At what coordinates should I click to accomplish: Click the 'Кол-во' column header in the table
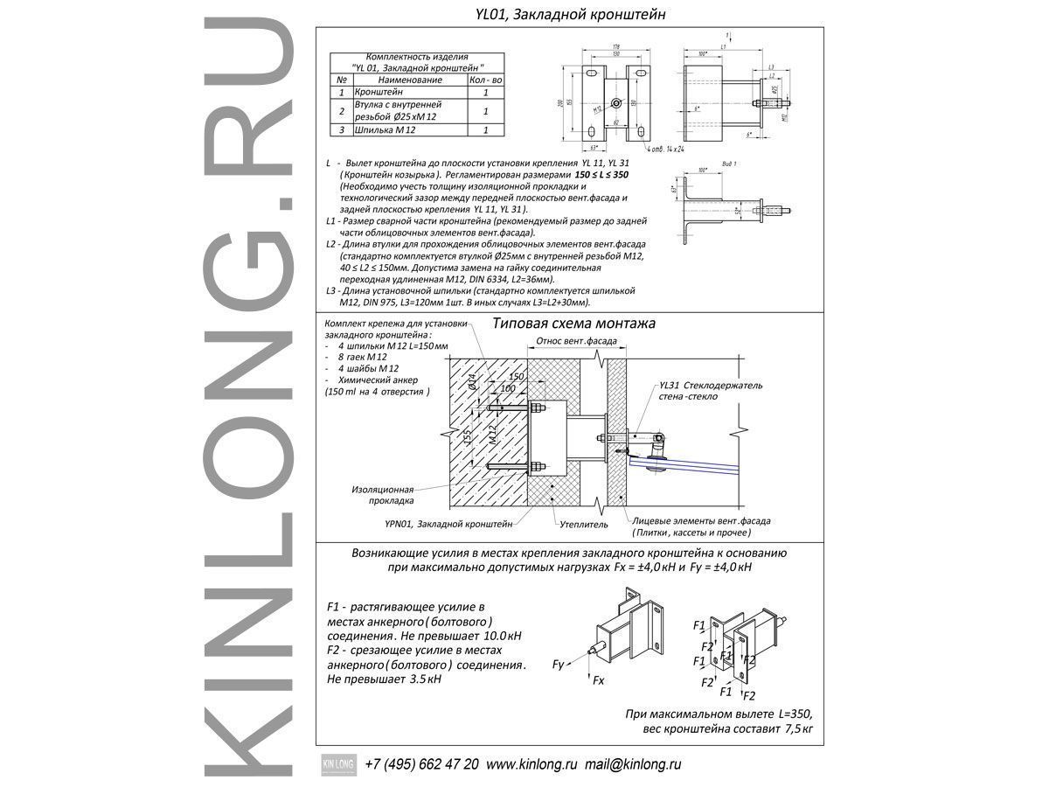pos(485,80)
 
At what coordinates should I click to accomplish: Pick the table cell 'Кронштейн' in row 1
pos(379,92)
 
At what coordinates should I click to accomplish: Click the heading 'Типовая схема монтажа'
pos(573,324)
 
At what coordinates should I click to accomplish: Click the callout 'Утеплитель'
pos(583,524)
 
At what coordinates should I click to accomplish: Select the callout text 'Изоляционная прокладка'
pos(381,495)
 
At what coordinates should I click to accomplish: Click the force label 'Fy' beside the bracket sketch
pos(559,665)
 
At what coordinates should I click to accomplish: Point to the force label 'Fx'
pos(599,679)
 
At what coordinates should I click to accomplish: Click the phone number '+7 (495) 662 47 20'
pos(421,763)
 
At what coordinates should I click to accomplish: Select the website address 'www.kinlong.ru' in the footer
pos(531,763)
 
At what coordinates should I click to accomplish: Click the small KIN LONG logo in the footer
pos(336,763)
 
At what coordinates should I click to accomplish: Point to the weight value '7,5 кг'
pos(799,728)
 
